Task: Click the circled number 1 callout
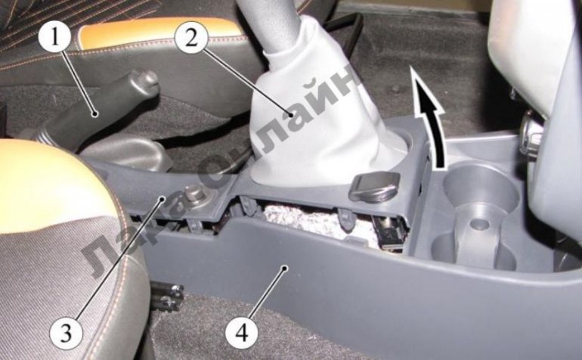55,37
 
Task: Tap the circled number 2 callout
191,37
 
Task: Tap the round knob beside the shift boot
374,186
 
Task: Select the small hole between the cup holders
479,224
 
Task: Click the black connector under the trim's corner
390,236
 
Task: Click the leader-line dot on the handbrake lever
95,113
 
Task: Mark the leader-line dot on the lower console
284,267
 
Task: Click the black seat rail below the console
167,297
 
